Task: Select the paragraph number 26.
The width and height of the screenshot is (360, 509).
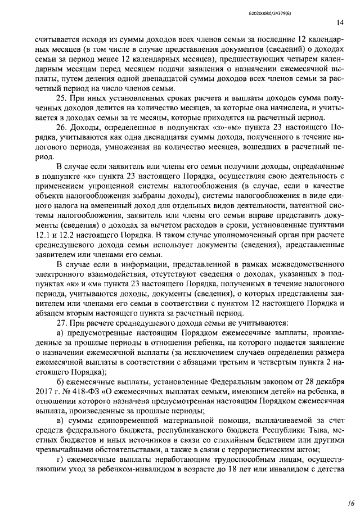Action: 62,128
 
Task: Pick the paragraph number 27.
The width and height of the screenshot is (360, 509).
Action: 62,322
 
